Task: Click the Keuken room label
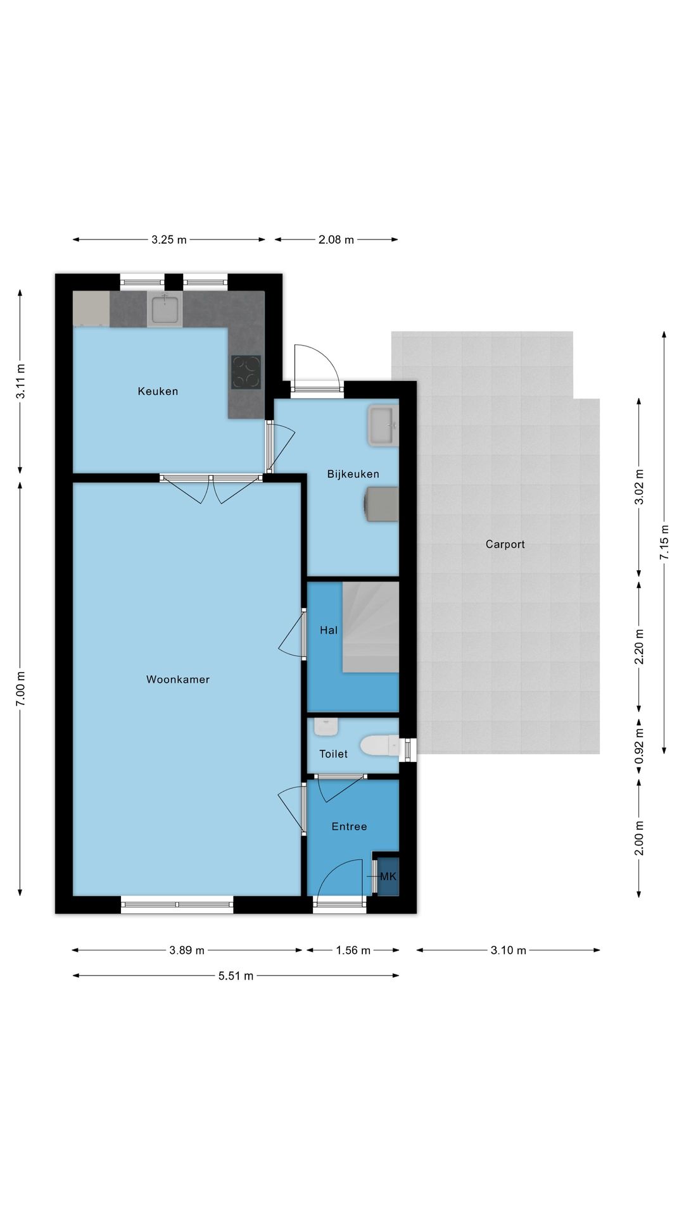[158, 391]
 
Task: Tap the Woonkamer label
[178, 680]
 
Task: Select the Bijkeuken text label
[353, 474]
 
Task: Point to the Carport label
[505, 544]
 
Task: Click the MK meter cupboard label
[388, 876]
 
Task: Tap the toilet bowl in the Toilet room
[379, 746]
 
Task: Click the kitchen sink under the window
[165, 309]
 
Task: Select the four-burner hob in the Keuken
[246, 372]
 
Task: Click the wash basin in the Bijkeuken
[383, 427]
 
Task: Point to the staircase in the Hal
[370, 627]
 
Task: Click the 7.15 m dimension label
[664, 542]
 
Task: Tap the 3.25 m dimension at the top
[169, 240]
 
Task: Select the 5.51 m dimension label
[236, 976]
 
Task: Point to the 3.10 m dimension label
[508, 950]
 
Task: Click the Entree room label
[349, 826]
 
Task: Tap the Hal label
[329, 630]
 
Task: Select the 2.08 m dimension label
[336, 240]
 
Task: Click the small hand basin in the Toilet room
[326, 726]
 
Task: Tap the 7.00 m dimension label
[20, 689]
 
